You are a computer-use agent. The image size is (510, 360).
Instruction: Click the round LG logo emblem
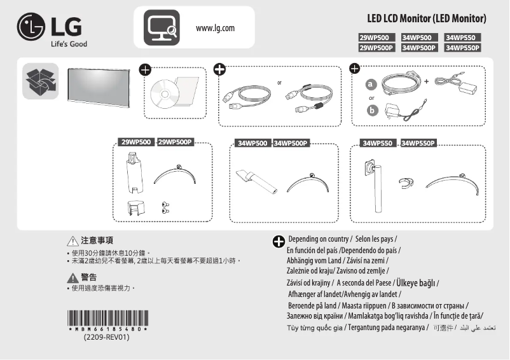pyautogui.click(x=31, y=29)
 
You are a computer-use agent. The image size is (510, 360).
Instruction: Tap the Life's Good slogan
pyautogui.click(x=69, y=44)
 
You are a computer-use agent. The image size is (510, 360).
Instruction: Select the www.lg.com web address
pyautogui.click(x=216, y=28)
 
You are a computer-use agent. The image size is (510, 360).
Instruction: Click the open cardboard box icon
pyautogui.click(x=40, y=81)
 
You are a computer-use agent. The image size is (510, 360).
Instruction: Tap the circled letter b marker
pyautogui.click(x=371, y=111)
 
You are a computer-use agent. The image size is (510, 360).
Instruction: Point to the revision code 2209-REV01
pyautogui.click(x=107, y=338)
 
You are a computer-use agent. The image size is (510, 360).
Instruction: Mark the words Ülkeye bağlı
pyautogui.click(x=417, y=282)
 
